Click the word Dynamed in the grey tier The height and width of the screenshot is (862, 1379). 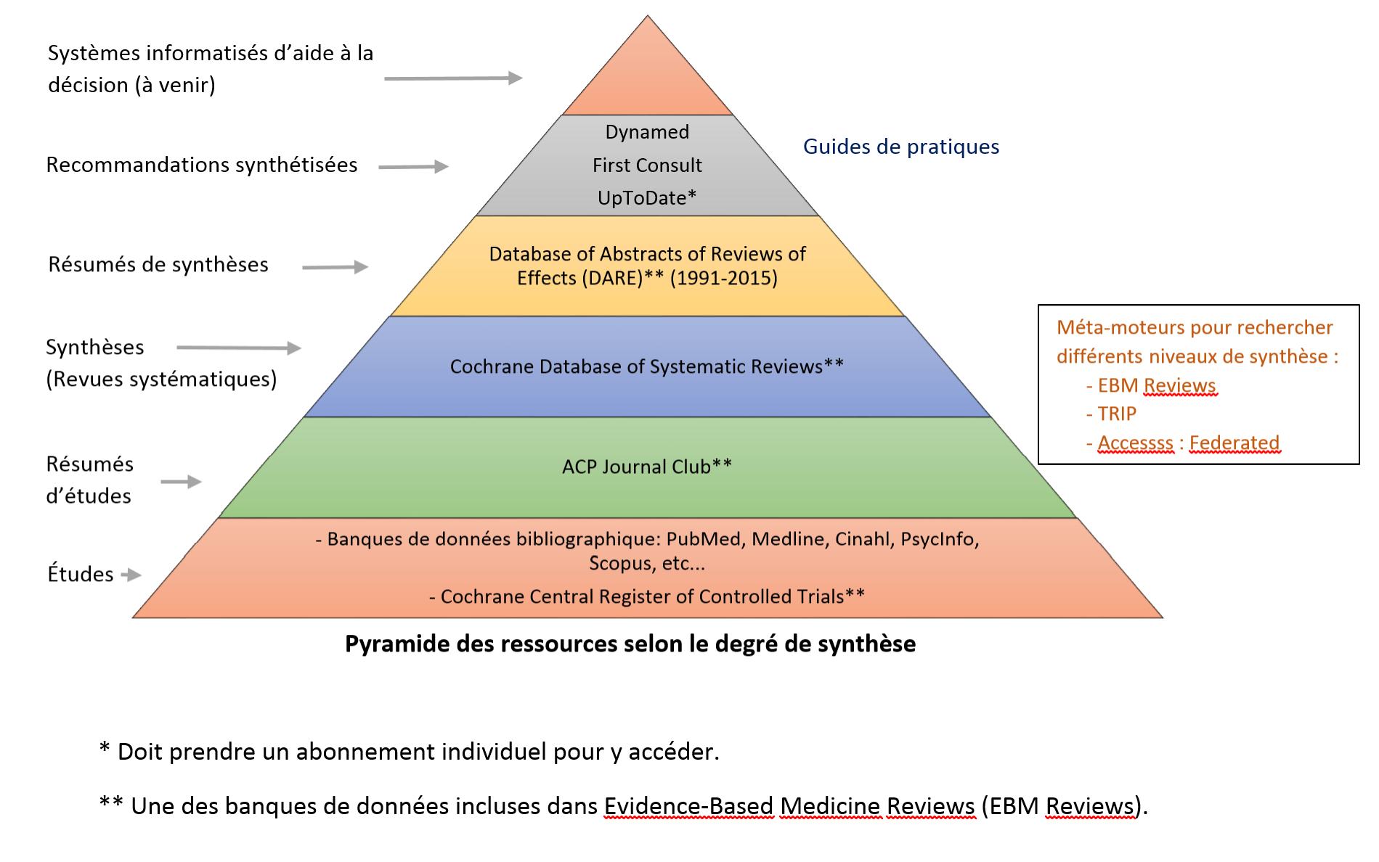click(x=647, y=132)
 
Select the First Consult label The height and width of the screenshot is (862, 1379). click(x=647, y=165)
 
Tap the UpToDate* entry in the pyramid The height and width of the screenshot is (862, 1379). click(x=646, y=198)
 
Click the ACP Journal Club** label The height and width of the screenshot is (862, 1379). click(x=646, y=467)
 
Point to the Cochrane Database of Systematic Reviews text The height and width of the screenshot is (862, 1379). click(x=646, y=366)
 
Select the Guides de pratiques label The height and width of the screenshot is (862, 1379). click(x=900, y=147)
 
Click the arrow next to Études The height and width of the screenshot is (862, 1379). click(x=131, y=575)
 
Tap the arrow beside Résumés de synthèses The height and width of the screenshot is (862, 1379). click(x=335, y=267)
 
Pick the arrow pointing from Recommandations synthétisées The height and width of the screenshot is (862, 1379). click(x=413, y=167)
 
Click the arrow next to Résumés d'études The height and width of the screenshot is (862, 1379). click(x=181, y=482)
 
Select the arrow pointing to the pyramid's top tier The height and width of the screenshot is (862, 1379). click(x=453, y=78)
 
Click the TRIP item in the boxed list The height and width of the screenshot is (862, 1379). click(x=1116, y=414)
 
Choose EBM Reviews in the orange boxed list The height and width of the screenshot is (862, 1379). click(x=1156, y=385)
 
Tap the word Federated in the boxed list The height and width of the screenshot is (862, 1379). click(x=1234, y=443)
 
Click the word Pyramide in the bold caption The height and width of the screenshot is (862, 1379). click(x=393, y=644)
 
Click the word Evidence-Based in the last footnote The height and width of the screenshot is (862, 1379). click(x=688, y=806)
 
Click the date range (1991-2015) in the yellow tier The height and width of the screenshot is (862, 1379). click(x=723, y=278)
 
